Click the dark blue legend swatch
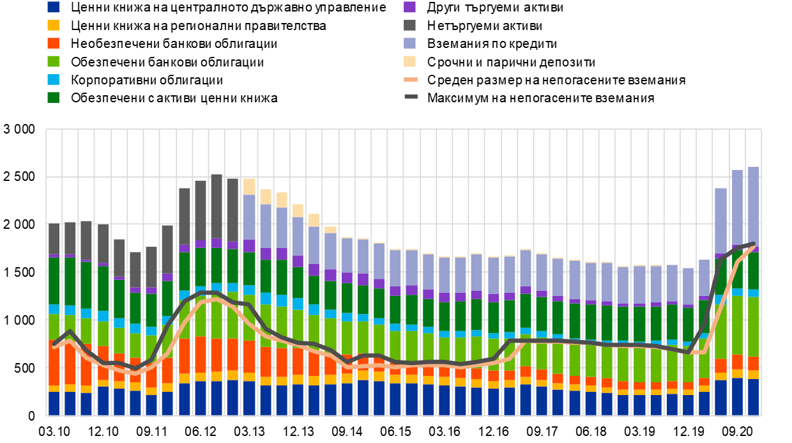(x=53, y=7)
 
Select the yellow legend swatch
(x=53, y=25)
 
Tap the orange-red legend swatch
(x=53, y=43)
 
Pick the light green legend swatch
(x=53, y=61)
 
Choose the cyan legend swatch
(x=53, y=79)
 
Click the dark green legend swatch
(x=53, y=97)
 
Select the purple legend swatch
(x=409, y=7)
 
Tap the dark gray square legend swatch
(x=409, y=25)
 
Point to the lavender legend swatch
(x=409, y=43)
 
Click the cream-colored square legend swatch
(x=409, y=61)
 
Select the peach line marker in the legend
(x=411, y=79)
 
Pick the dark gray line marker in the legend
(x=411, y=97)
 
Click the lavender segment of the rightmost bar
(x=754, y=205)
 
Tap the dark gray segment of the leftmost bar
(x=54, y=238)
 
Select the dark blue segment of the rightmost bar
(x=754, y=397)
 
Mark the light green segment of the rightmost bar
(x=754, y=326)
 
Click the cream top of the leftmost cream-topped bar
(x=249, y=186)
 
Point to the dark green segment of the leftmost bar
(x=54, y=281)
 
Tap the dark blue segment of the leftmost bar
(x=54, y=403)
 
